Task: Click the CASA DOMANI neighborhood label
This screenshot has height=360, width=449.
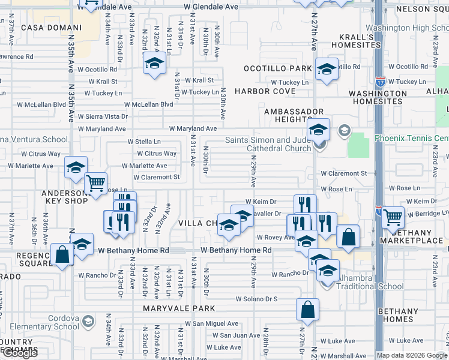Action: click(x=51, y=28)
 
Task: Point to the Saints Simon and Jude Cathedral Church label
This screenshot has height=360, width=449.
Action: click(x=268, y=145)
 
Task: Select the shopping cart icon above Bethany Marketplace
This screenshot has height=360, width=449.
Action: click(x=393, y=216)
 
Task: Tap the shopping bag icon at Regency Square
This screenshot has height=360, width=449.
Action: click(x=62, y=253)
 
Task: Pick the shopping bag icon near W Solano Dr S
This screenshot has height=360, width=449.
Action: click(x=307, y=310)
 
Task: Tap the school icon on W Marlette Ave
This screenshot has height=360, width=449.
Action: click(x=76, y=167)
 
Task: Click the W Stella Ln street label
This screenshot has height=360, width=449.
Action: click(x=144, y=142)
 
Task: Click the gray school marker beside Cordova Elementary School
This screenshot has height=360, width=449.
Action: click(x=88, y=322)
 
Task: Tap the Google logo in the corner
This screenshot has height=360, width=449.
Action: click(x=20, y=353)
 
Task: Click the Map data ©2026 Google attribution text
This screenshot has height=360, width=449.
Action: click(x=411, y=355)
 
